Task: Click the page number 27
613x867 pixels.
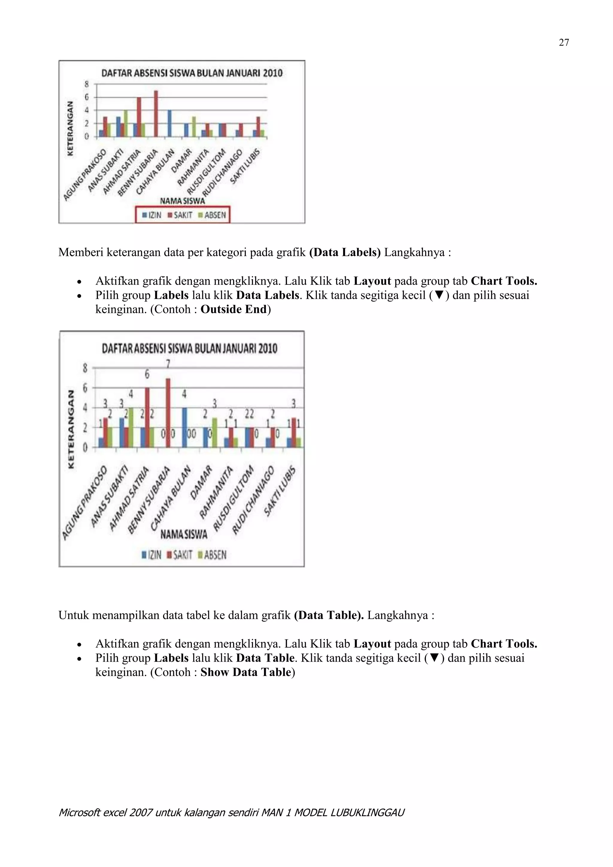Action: pyautogui.click(x=564, y=43)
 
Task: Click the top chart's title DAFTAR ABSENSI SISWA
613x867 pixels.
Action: pyautogui.click(x=192, y=73)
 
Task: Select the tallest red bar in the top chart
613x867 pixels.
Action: pyautogui.click(x=156, y=113)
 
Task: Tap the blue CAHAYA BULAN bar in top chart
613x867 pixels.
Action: pyautogui.click(x=170, y=123)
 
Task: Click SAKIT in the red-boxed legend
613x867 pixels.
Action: pyautogui.click(x=180, y=215)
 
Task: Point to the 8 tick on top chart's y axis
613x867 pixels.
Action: pyautogui.click(x=87, y=84)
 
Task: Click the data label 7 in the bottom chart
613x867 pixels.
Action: pyautogui.click(x=168, y=364)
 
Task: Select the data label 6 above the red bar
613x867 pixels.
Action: pyautogui.click(x=147, y=374)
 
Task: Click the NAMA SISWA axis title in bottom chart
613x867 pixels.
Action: pyautogui.click(x=184, y=534)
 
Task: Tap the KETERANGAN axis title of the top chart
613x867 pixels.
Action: pyautogui.click(x=70, y=128)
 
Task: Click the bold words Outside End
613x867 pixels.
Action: pyautogui.click(x=234, y=309)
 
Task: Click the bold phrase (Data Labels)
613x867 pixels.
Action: pyautogui.click(x=345, y=252)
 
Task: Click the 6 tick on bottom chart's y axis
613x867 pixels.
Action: pyautogui.click(x=85, y=388)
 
